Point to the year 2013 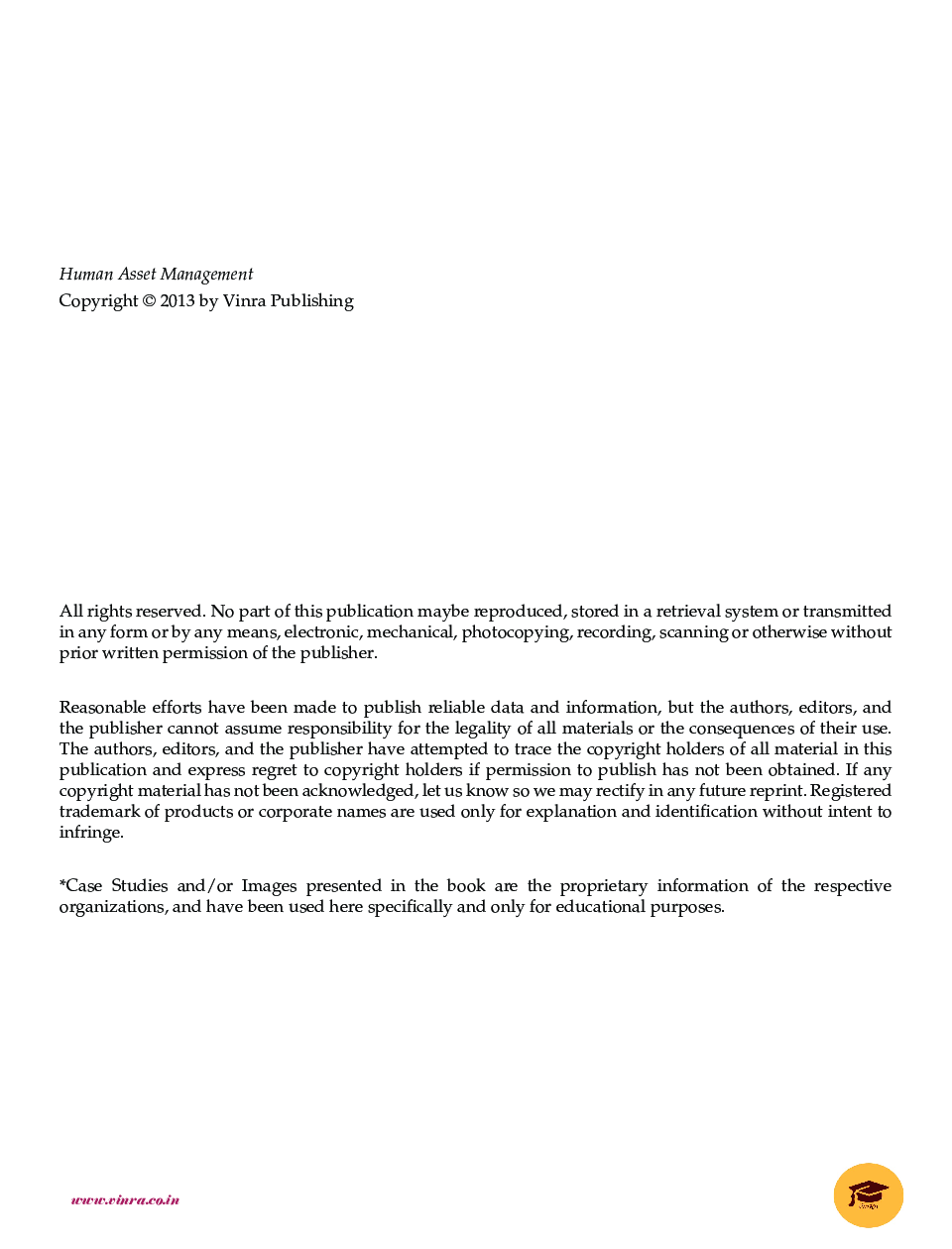pyautogui.click(x=178, y=301)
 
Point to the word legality pyautogui.click(x=483, y=729)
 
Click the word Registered pyautogui.click(x=851, y=791)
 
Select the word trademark pyautogui.click(x=99, y=812)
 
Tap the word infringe pyautogui.click(x=90, y=833)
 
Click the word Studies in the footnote pyautogui.click(x=139, y=886)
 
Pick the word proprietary pyautogui.click(x=603, y=886)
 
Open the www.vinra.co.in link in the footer pyautogui.click(x=125, y=1199)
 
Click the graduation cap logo pyautogui.click(x=868, y=1194)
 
